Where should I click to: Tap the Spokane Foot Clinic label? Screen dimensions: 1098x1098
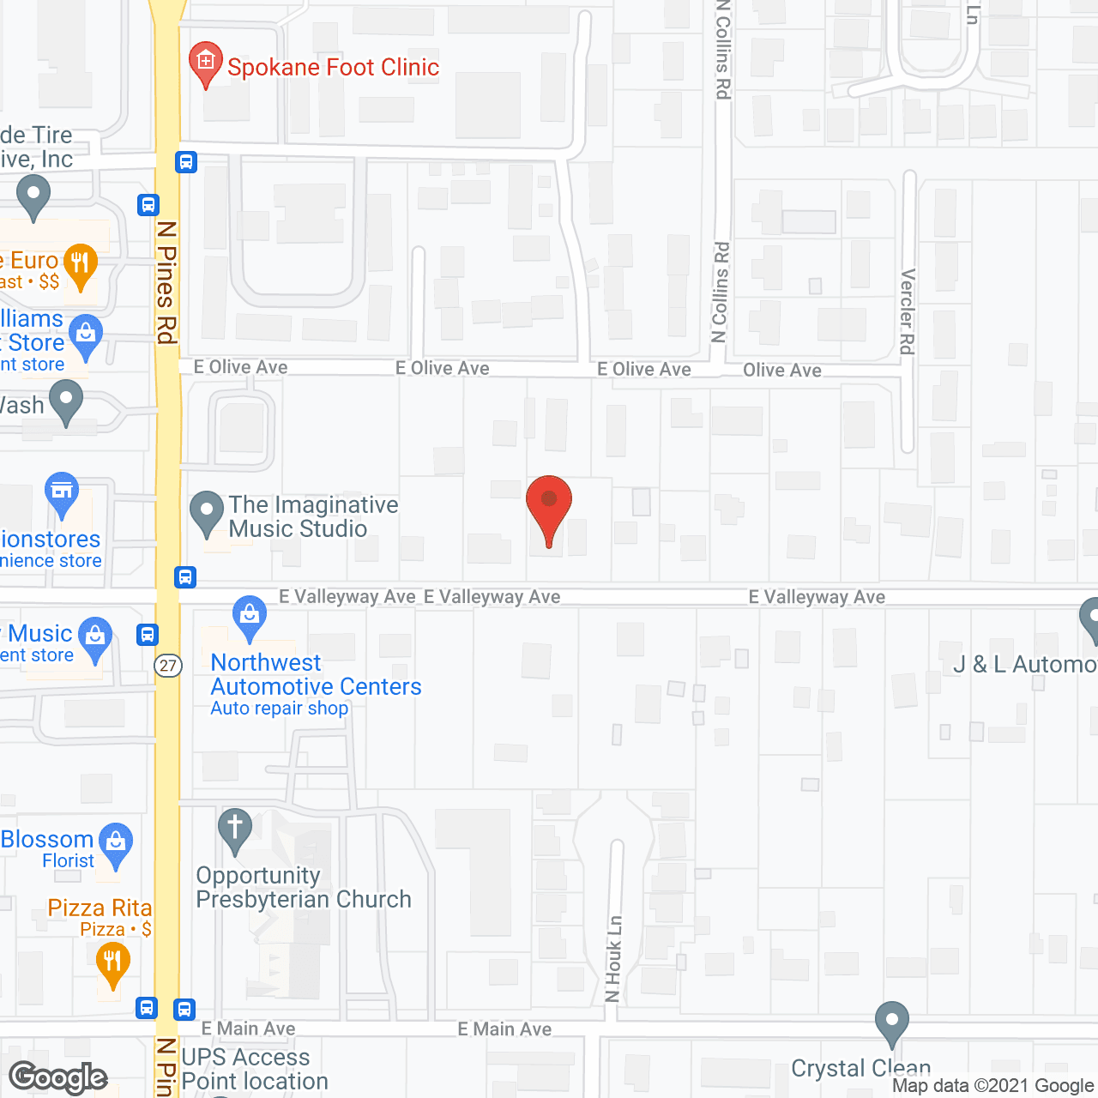333,68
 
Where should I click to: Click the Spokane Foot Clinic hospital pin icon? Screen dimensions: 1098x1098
205,63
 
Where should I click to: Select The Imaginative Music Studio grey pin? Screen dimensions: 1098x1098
206,512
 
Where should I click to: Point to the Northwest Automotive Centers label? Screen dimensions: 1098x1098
316,675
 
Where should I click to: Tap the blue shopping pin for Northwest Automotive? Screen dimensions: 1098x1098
250,617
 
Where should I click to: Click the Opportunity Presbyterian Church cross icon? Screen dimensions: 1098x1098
234,829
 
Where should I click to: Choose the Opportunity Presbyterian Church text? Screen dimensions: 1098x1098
304,887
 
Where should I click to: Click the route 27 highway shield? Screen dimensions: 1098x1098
168,666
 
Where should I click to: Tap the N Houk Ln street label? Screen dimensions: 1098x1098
613,958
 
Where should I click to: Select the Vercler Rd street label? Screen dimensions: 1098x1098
908,311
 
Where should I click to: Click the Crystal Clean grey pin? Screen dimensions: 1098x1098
892,1023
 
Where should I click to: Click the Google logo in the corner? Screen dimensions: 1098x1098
58,1077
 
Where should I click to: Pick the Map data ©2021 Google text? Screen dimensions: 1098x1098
992,1086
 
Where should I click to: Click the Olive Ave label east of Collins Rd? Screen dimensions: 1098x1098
781,371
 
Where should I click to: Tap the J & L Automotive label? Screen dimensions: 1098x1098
1025,665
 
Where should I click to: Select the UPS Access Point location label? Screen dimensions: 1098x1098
255,1069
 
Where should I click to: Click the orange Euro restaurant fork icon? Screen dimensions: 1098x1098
80,263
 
